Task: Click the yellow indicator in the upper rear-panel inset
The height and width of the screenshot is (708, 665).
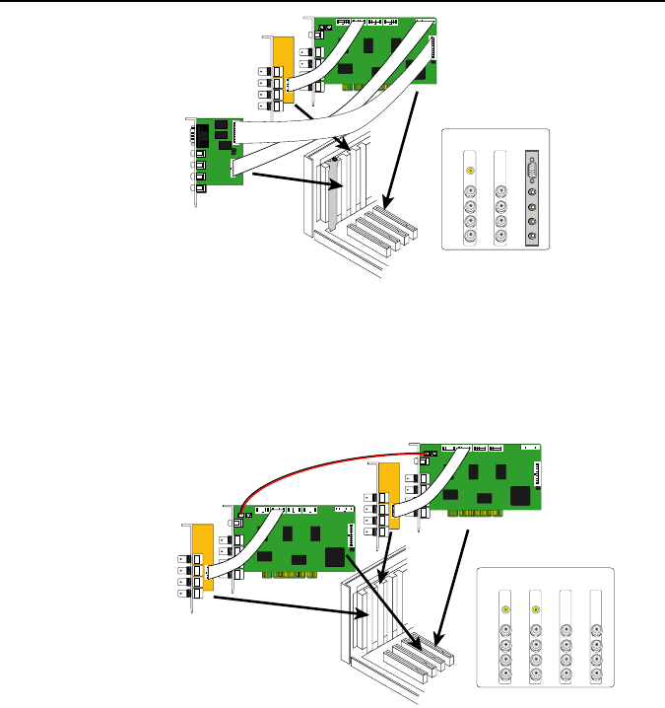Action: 470,170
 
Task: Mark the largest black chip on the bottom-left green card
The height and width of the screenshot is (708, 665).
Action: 338,557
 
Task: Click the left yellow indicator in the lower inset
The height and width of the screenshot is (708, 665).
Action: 505,609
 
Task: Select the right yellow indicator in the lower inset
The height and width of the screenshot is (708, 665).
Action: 535,609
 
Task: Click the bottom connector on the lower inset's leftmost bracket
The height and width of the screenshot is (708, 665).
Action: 505,675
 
